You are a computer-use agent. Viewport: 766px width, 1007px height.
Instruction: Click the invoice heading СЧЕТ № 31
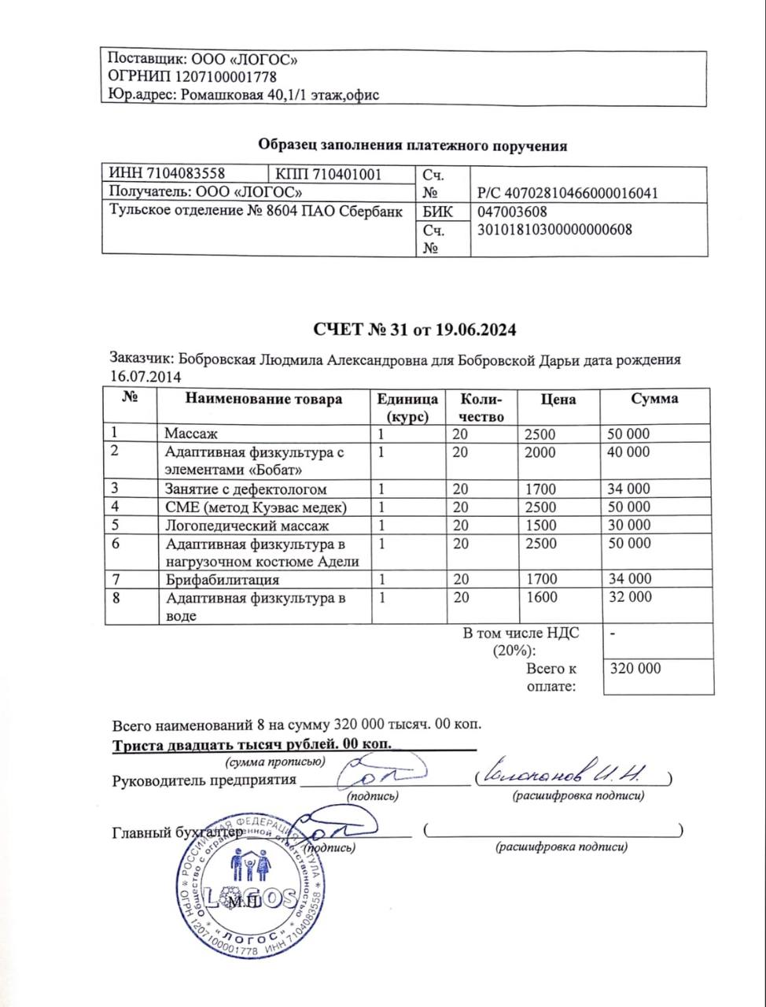[414, 330]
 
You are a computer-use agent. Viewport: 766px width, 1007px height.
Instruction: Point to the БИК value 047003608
[512, 212]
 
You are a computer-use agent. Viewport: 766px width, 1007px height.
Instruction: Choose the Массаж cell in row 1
[190, 433]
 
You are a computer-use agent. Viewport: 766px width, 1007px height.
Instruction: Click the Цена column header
[558, 399]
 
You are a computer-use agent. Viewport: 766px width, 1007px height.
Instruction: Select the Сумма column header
[654, 399]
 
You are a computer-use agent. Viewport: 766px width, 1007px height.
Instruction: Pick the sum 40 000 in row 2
[628, 452]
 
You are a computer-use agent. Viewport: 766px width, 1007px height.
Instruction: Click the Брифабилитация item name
[223, 580]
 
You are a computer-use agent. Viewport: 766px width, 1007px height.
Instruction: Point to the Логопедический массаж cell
[246, 526]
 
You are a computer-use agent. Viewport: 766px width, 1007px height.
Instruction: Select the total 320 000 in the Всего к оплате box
[635, 669]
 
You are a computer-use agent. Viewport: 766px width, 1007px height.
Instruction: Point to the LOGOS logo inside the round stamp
[250, 897]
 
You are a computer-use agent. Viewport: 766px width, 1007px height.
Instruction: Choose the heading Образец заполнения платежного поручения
[413, 146]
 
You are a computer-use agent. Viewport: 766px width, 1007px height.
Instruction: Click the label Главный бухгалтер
[175, 832]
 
